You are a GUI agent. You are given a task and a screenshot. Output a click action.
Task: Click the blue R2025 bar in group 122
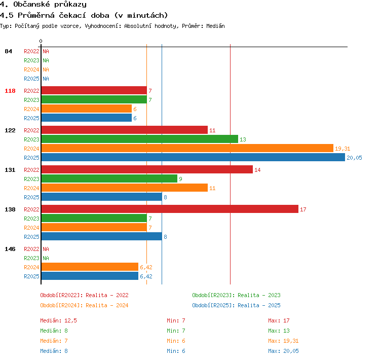point(193,158)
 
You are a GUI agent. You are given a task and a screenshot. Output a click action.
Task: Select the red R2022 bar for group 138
point(170,209)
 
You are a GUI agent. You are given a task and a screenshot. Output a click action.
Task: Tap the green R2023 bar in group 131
point(109,179)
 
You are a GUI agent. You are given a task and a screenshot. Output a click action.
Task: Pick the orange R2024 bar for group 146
point(90,267)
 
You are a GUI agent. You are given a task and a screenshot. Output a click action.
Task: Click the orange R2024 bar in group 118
point(87,109)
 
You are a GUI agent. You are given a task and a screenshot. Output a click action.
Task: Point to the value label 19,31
point(343,149)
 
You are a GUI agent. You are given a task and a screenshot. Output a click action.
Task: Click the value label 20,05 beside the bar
point(354,158)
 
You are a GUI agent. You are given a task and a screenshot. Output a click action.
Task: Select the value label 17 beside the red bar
point(303,209)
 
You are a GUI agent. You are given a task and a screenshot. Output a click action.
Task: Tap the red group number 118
point(10,91)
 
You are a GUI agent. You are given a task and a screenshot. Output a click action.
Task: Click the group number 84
point(8,51)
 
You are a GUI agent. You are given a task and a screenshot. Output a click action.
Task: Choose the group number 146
point(10,249)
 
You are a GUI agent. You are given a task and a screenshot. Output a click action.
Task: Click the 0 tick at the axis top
point(41,41)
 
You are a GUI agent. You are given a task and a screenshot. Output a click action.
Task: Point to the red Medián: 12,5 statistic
point(58,320)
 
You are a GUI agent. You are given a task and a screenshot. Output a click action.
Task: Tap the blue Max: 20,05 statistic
point(283,351)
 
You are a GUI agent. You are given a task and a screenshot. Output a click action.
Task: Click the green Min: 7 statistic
point(176,331)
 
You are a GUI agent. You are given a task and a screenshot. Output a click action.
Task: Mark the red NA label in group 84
point(46,51)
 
